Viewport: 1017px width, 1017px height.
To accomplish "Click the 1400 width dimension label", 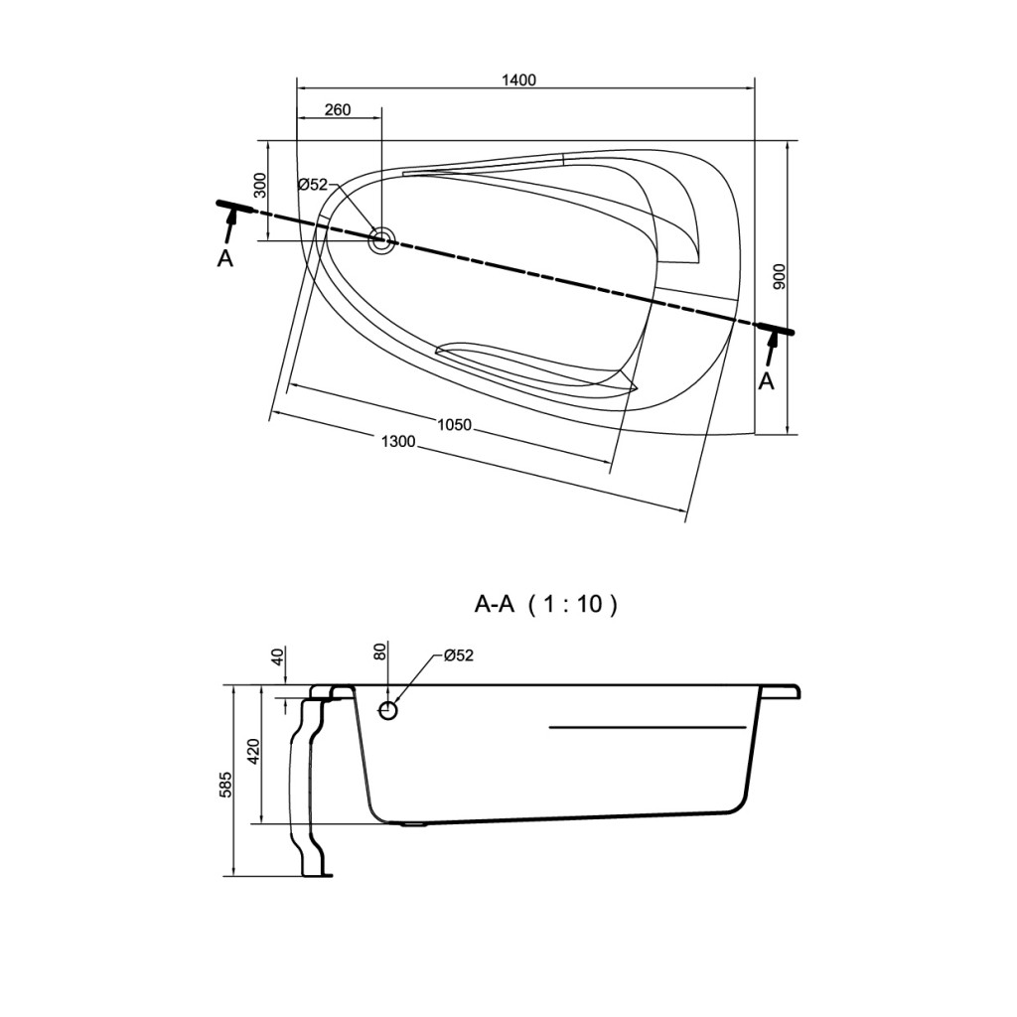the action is click(518, 79).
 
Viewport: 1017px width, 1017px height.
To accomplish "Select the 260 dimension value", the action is click(338, 109).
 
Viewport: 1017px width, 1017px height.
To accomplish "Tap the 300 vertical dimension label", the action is click(259, 186).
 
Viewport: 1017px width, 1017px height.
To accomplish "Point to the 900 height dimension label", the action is click(780, 277).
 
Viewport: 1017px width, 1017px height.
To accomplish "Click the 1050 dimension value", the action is click(454, 425).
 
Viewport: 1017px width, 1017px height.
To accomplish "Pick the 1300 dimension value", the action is click(397, 442).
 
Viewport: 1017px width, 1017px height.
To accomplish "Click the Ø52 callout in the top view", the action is click(313, 185).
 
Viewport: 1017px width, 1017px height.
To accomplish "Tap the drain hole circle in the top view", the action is click(381, 240).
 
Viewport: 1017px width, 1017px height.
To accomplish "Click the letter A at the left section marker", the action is click(224, 259).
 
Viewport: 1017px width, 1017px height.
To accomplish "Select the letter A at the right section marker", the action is click(767, 381).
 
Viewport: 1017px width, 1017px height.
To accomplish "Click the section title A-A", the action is click(495, 605).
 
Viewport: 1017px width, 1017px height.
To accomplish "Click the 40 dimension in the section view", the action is click(278, 656).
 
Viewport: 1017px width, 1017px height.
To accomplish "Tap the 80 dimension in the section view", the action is click(380, 651).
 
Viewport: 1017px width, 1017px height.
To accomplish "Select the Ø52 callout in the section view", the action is click(459, 655).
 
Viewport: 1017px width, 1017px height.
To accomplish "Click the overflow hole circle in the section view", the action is click(388, 711).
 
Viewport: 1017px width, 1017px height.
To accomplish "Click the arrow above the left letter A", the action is click(230, 227).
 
